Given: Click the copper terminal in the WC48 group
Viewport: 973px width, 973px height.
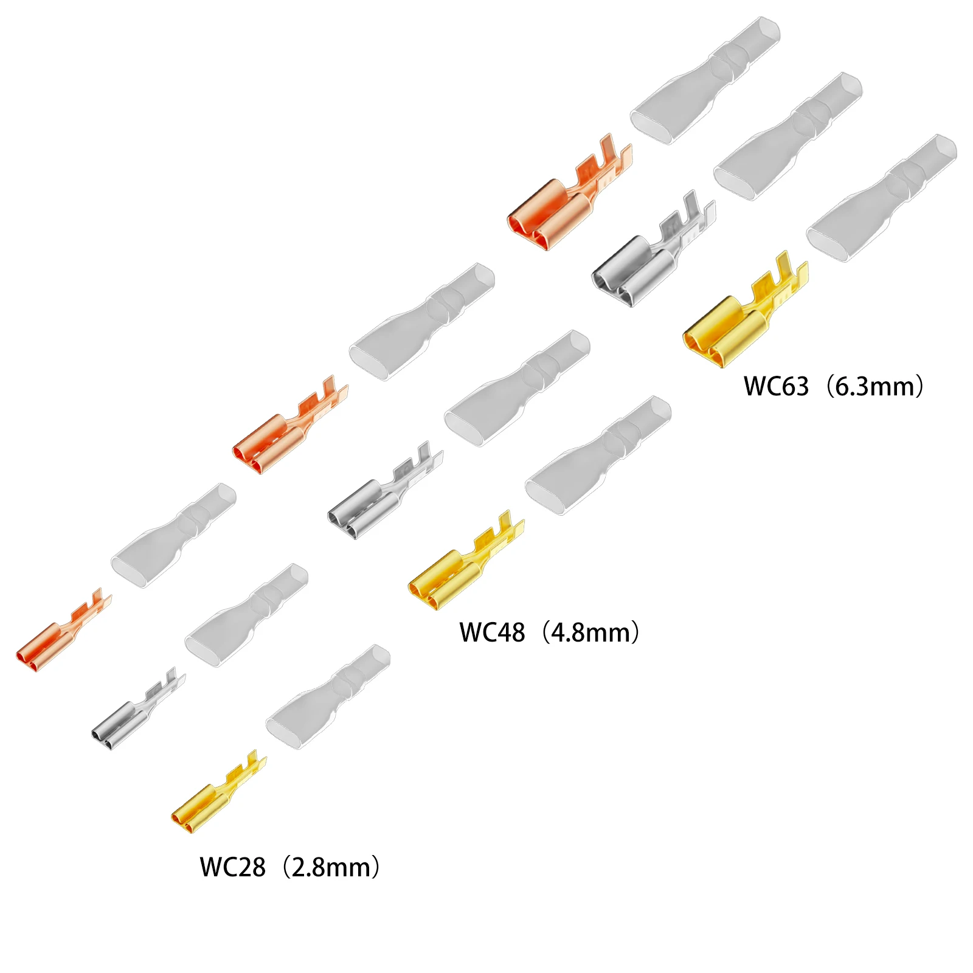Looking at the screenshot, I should [280, 435].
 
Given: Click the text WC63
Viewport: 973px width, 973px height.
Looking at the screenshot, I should [777, 387].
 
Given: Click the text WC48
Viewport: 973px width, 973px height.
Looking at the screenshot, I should [492, 632].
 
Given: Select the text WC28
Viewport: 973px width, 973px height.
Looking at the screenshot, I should [232, 867].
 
